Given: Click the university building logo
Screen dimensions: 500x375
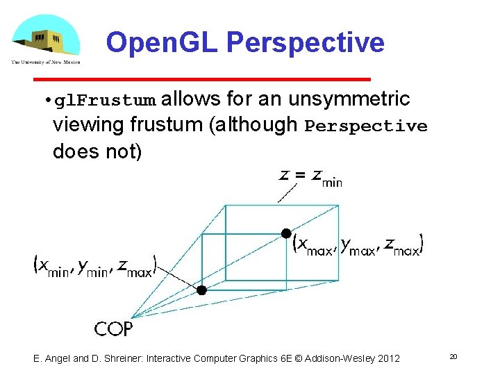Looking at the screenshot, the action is point(45,40).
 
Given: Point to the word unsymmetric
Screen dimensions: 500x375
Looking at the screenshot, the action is point(349,99).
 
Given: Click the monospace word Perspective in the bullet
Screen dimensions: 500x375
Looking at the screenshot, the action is point(366,126).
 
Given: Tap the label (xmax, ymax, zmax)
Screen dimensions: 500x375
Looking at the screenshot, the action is point(358,244).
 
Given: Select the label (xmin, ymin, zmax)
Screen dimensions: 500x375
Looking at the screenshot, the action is point(95,265).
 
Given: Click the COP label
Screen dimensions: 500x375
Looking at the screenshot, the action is point(113,328).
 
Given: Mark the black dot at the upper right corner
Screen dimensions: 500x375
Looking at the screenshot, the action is point(285,233).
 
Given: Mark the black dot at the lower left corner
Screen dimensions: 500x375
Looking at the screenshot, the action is point(201,290).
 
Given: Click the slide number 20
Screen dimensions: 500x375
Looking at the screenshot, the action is point(453,356).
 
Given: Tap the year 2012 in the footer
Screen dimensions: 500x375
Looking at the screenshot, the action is point(387,358).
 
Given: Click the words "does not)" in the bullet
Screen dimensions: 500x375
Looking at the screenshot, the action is point(97,151).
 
